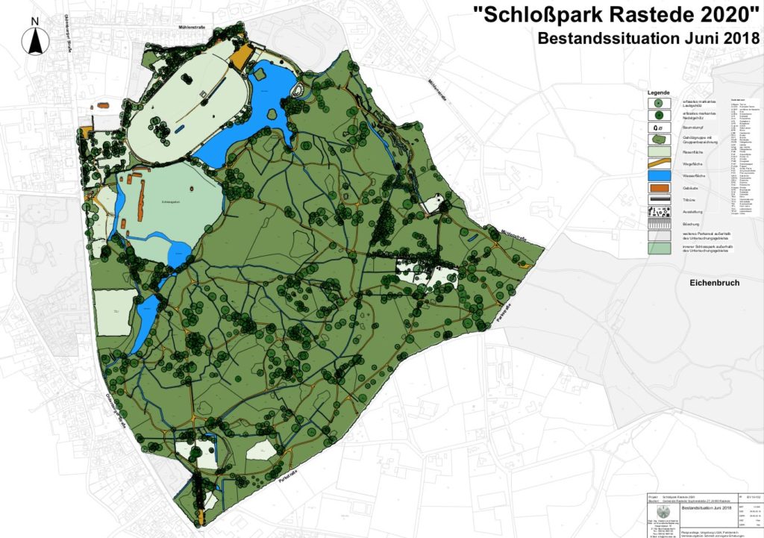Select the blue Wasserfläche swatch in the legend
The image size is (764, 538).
pos(658,176)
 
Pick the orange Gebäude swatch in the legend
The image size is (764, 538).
pos(658,189)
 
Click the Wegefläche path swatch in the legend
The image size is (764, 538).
pos(658,163)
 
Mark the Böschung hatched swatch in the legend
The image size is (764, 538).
pos(658,225)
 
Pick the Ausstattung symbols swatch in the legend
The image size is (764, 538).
pos(658,213)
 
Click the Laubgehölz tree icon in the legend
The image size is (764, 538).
pos(658,102)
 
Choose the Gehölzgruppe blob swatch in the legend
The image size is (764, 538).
pos(658,140)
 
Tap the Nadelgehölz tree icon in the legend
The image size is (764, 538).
pos(658,115)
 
